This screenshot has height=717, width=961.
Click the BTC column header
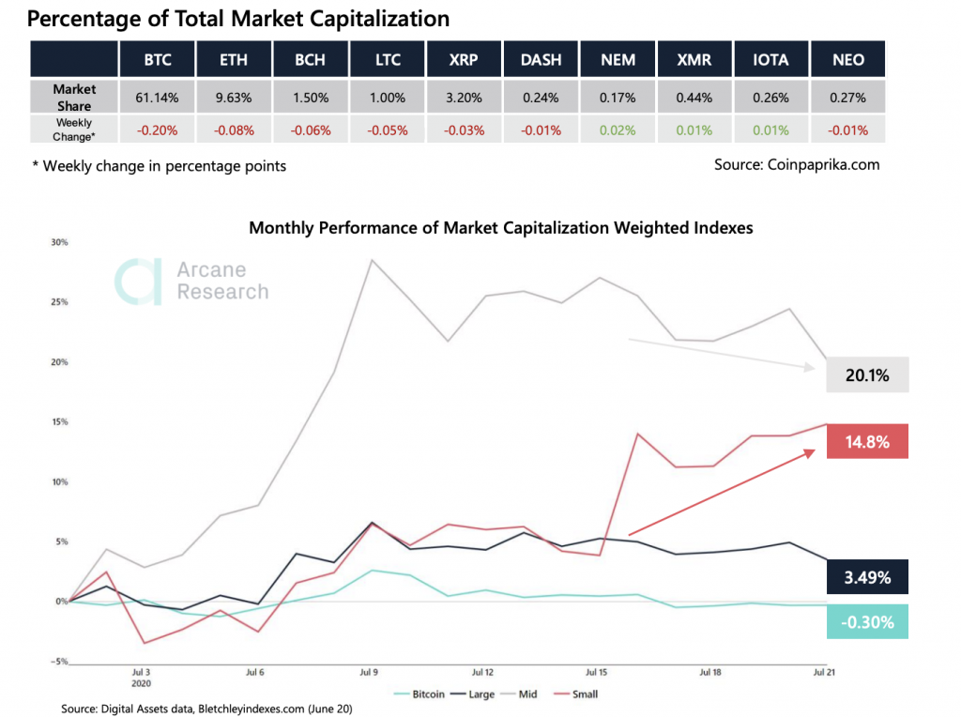click(157, 59)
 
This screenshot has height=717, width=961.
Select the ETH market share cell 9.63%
click(234, 97)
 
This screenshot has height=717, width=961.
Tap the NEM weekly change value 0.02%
click(618, 129)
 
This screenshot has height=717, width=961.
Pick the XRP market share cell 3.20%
click(464, 97)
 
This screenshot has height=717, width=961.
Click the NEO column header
click(847, 59)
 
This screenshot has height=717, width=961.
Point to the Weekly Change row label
click(74, 129)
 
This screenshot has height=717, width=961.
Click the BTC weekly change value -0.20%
click(157, 129)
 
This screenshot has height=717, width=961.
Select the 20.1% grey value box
click(868, 375)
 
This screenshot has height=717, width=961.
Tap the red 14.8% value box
click(868, 441)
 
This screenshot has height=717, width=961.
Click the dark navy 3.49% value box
click(868, 576)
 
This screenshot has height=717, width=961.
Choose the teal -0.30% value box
click(868, 621)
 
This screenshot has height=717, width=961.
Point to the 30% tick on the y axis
click(58, 242)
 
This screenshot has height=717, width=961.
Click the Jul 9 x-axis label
click(368, 673)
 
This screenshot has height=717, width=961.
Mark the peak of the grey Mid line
click(372, 260)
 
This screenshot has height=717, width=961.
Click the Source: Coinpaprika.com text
click(797, 165)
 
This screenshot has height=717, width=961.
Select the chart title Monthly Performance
click(500, 227)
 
